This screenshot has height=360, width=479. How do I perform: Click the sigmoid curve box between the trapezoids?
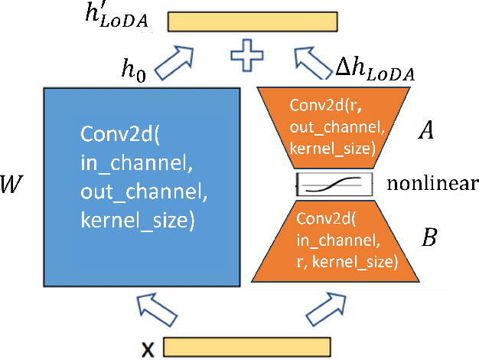[x=334, y=184]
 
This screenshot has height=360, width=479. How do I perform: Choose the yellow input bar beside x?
[x=246, y=348]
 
